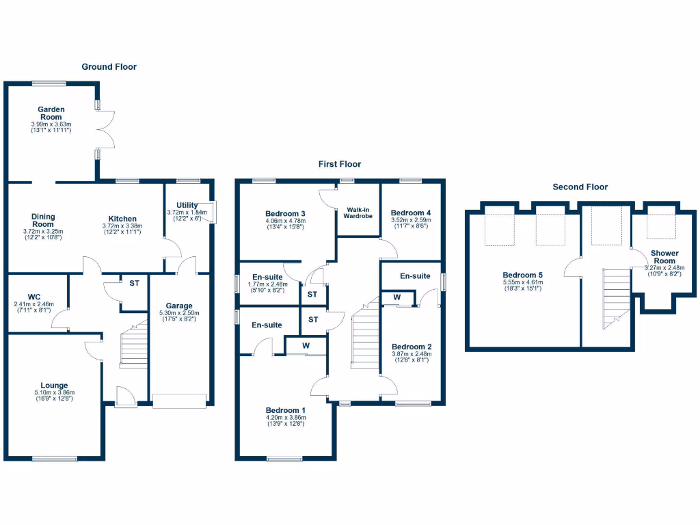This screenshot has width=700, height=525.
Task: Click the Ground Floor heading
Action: (x=109, y=67)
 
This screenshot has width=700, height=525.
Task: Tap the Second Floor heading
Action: (x=580, y=187)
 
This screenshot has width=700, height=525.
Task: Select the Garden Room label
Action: (x=51, y=113)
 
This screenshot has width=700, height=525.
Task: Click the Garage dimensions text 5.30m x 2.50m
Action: (x=179, y=313)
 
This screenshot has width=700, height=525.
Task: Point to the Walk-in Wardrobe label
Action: (x=359, y=212)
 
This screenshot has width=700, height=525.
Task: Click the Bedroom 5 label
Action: (x=522, y=274)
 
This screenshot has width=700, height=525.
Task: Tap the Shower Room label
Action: (x=664, y=257)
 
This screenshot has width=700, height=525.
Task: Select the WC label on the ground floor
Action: (x=34, y=297)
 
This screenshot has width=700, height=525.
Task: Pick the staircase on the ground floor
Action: (x=134, y=345)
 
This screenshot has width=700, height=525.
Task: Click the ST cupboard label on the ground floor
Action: (x=134, y=282)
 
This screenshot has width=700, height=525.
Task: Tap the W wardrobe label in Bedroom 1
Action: (x=306, y=346)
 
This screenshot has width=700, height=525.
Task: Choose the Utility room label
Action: (x=187, y=205)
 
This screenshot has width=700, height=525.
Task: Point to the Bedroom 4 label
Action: (x=411, y=213)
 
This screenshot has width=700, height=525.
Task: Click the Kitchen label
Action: (x=122, y=219)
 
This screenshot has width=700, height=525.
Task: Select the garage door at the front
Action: (x=179, y=401)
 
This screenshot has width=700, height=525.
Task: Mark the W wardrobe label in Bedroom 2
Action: (x=397, y=297)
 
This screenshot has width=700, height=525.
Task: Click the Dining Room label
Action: (x=43, y=220)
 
